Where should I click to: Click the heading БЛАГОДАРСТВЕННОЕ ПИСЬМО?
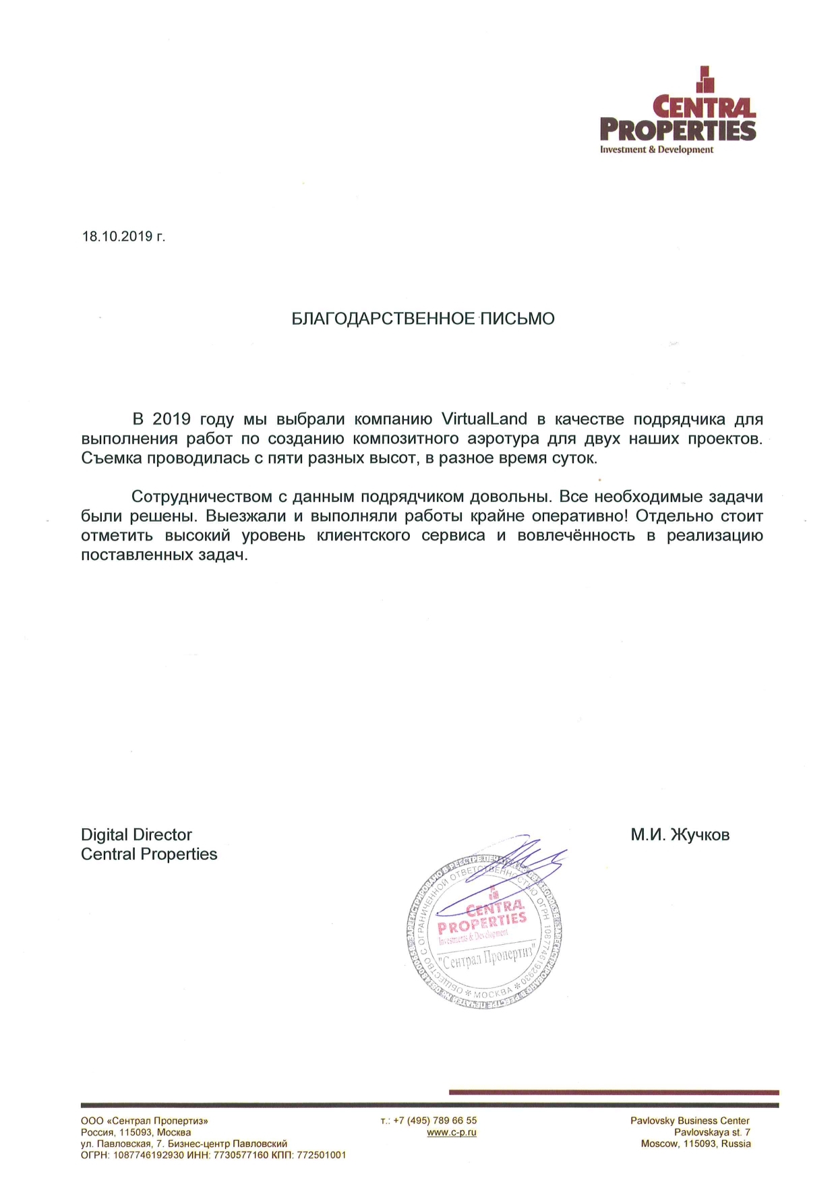(x=423, y=319)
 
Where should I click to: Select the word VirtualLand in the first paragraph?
(x=483, y=419)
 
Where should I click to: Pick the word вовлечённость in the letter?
(x=576, y=536)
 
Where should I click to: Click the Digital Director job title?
(x=136, y=835)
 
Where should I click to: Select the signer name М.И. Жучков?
(x=680, y=836)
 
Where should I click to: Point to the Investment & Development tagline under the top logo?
(x=656, y=150)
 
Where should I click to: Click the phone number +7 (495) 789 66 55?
(x=435, y=1121)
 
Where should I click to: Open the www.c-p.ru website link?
(x=452, y=1132)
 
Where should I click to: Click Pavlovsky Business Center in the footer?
(x=690, y=1121)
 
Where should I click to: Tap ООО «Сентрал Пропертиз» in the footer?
(x=144, y=1121)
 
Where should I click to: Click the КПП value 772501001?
(x=322, y=1155)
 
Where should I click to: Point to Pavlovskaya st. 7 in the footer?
(x=712, y=1132)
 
